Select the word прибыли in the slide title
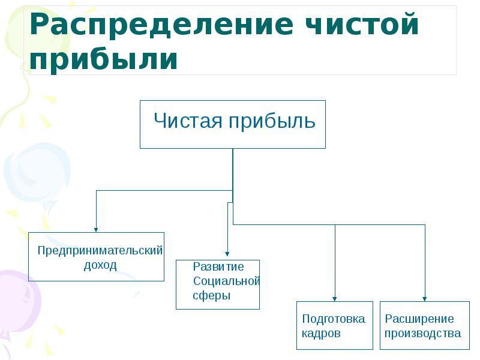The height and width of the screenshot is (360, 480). point(103,59)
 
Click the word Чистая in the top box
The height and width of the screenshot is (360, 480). point(188,121)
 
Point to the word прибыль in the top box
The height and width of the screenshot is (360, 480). point(271,121)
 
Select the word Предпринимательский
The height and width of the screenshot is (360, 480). point(100,251)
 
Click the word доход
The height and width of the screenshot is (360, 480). point(100,265)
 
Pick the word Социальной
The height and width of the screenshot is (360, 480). point(226,281)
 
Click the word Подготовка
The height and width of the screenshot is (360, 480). point(333,319)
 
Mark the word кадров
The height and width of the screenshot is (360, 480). point(321,334)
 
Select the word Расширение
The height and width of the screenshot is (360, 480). point(419,319)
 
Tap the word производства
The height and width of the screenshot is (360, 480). point(423,334)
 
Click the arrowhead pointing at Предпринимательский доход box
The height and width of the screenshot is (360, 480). point(96,229)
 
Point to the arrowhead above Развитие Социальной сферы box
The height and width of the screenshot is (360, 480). point(227,256)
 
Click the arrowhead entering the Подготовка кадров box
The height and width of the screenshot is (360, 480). point(335,298)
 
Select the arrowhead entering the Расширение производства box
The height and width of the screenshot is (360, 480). point(425,298)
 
